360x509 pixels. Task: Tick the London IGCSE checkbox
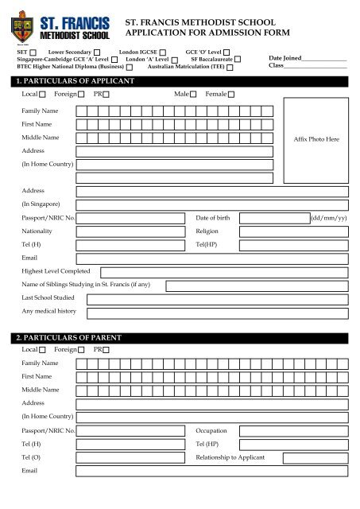pyautogui.click(x=164, y=50)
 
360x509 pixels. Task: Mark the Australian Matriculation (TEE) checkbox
pyautogui.click(x=229, y=68)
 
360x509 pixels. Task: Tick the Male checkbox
pyautogui.click(x=193, y=95)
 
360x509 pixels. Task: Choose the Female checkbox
pyautogui.click(x=231, y=95)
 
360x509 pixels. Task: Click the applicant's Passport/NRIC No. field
pyautogui.click(x=132, y=217)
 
